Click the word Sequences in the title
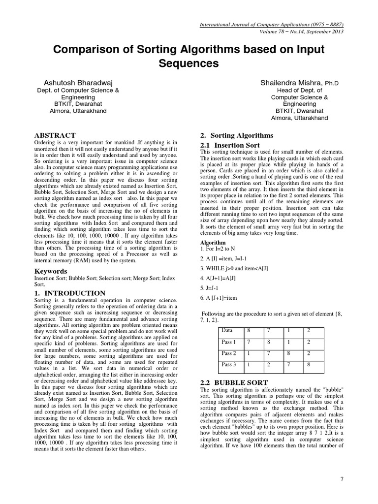point(189,63)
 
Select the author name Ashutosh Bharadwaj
point(79,83)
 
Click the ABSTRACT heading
point(55,135)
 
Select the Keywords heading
point(51,271)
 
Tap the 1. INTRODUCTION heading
point(69,293)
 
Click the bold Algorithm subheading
point(213,243)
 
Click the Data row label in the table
point(227,330)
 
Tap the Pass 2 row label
point(229,353)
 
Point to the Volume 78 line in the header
point(300,31)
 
